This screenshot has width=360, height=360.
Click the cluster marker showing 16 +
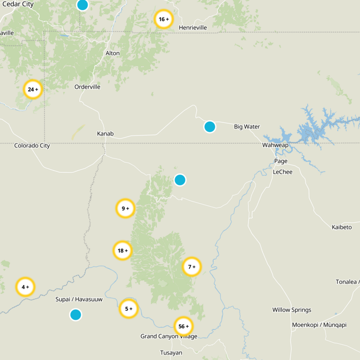[x=163, y=19]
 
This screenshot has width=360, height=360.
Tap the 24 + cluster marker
[x=32, y=90]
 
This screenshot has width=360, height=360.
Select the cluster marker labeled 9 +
[x=125, y=208]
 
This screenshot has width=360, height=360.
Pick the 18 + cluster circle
[x=122, y=251]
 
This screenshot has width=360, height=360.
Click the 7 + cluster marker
[x=192, y=267]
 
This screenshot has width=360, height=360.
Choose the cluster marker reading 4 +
[x=25, y=287]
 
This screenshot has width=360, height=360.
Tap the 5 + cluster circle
[x=128, y=309]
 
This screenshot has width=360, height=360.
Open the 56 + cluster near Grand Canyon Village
[x=183, y=326]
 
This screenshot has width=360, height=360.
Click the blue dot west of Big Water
[x=210, y=126]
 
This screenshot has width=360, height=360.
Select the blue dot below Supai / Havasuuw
[x=76, y=315]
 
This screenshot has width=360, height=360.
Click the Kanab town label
[x=105, y=134]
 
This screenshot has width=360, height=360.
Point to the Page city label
[x=281, y=161]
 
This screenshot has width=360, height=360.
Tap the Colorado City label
[x=32, y=145]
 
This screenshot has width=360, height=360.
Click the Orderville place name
[x=87, y=87]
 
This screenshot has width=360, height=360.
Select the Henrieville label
[x=193, y=27]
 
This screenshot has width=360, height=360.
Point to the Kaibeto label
[x=342, y=227]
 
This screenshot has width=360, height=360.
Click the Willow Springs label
[x=292, y=310]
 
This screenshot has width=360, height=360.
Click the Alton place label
[x=112, y=53]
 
